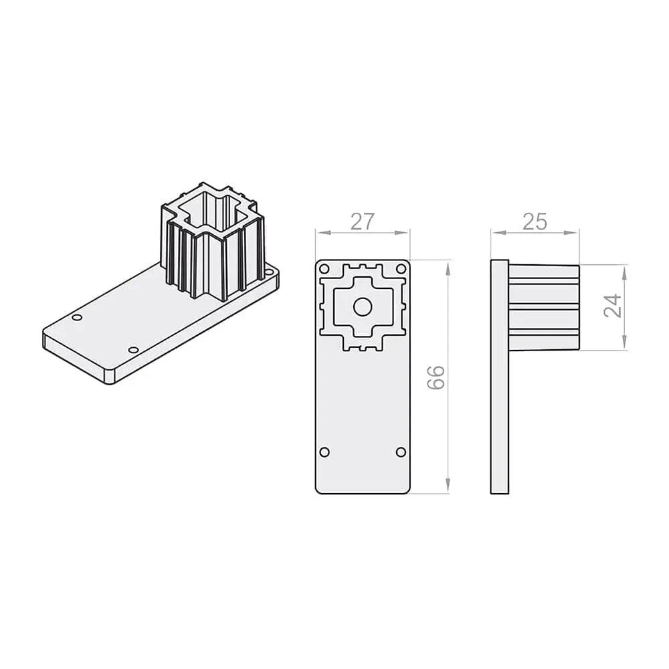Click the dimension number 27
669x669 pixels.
tap(362, 221)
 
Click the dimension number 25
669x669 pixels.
tap(535, 222)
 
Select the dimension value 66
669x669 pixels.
tap(436, 377)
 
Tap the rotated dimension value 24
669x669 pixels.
tap(613, 305)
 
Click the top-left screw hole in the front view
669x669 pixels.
tap(324, 269)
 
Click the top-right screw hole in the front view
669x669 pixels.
tap(401, 269)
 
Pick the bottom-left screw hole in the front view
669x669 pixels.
tap(324, 452)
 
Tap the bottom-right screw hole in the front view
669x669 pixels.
tap(401, 452)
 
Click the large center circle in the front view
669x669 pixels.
tap(363, 307)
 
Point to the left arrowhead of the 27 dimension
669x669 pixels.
tap(323, 233)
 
